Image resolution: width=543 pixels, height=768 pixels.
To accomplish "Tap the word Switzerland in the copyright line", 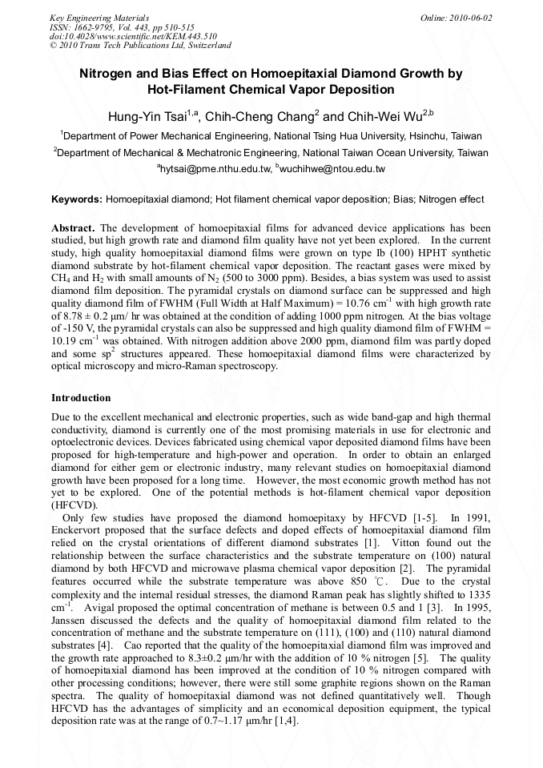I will (x=204, y=46).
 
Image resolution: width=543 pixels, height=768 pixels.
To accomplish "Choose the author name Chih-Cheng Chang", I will (x=259, y=116).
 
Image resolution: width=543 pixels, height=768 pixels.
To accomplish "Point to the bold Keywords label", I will (x=77, y=199).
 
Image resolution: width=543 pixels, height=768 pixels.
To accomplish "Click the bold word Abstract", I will (x=74, y=228).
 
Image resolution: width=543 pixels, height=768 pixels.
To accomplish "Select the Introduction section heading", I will (x=82, y=398).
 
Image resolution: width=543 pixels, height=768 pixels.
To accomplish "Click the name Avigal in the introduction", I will (x=103, y=608).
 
